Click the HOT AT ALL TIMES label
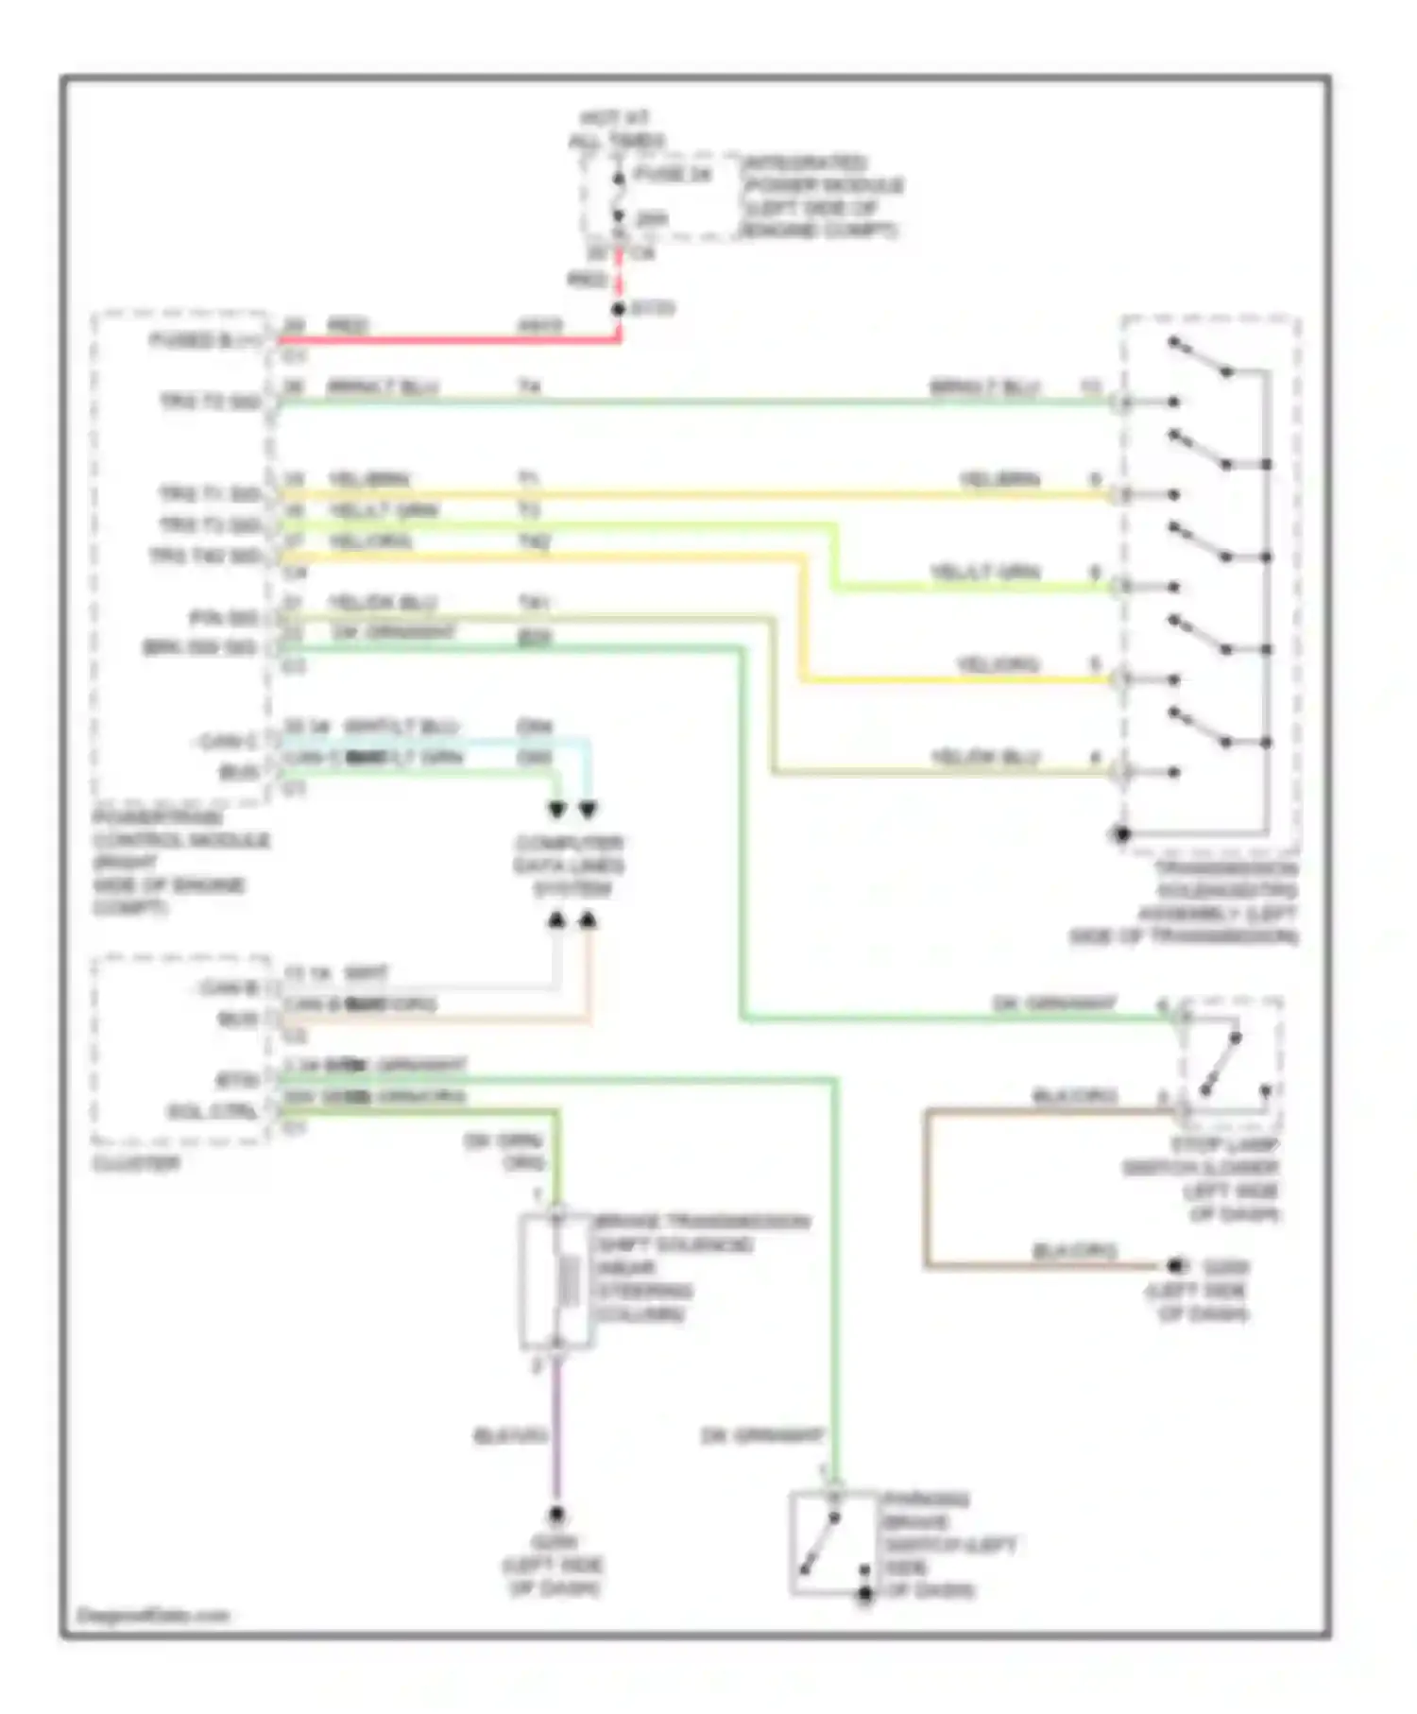click(615, 130)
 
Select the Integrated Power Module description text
click(823, 197)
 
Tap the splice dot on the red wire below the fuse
click(619, 309)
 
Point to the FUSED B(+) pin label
click(206, 341)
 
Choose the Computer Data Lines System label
click(569, 866)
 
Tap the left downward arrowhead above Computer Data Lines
click(557, 810)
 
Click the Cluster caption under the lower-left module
click(136, 1163)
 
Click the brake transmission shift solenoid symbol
click(557, 1280)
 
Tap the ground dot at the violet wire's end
click(556, 1514)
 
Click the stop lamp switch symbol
click(1230, 1063)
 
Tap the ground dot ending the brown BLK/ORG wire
click(1175, 1265)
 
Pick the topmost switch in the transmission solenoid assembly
click(1200, 356)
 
